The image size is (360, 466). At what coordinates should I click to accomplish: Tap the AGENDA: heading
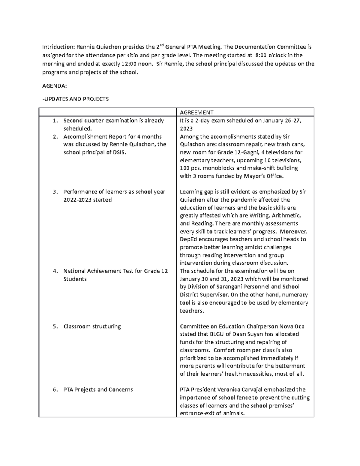(x=54, y=86)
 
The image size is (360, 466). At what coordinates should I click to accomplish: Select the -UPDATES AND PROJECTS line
(x=75, y=99)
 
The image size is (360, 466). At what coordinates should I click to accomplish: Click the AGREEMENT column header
(x=196, y=113)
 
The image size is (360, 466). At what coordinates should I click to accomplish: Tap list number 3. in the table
(x=55, y=192)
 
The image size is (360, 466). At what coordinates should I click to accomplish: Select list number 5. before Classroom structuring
(x=55, y=326)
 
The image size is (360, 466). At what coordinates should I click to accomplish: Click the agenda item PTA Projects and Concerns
(x=98, y=390)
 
